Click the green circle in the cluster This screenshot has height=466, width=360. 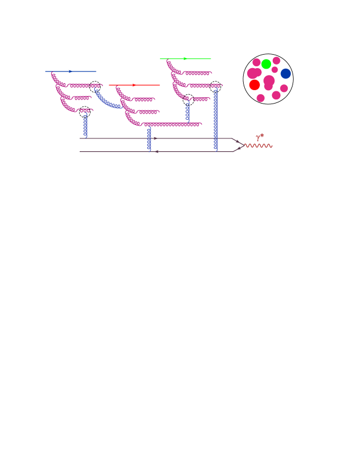pyautogui.click(x=266, y=64)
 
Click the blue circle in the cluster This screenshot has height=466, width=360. pyautogui.click(x=286, y=73)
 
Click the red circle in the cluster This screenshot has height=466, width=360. pyautogui.click(x=254, y=85)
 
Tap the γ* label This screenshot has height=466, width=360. pyautogui.click(x=260, y=137)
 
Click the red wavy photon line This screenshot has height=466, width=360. pyautogui.click(x=258, y=145)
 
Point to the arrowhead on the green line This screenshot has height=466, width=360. pyautogui.click(x=185, y=59)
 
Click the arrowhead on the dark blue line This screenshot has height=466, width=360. pyautogui.click(x=70, y=72)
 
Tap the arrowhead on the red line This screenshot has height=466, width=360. pyautogui.click(x=134, y=85)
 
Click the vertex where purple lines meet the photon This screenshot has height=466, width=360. pyautogui.click(x=243, y=145)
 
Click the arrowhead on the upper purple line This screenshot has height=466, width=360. pyautogui.click(x=154, y=138)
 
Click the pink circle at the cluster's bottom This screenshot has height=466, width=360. pyautogui.click(x=261, y=98)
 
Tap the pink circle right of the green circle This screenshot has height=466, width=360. pyautogui.click(x=276, y=61)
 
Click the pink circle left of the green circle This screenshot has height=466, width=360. pyautogui.click(x=256, y=62)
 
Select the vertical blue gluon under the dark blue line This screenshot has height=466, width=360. pyautogui.click(x=85, y=124)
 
